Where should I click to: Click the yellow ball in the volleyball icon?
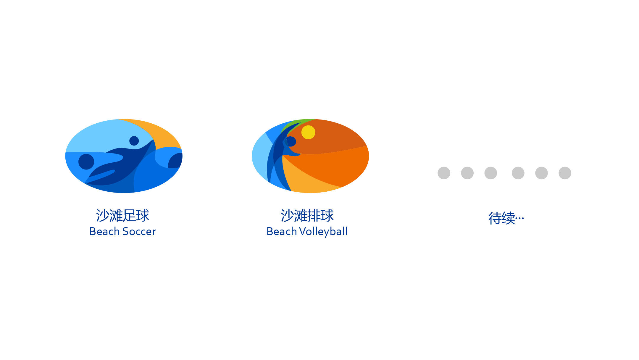click(308, 132)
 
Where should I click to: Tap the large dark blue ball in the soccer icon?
click(86, 162)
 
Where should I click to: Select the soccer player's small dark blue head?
click(134, 141)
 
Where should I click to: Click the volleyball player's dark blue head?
click(291, 141)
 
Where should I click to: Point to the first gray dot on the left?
click(444, 173)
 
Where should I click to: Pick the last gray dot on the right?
click(565, 173)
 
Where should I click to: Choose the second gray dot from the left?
click(467, 173)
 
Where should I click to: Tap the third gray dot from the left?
click(490, 173)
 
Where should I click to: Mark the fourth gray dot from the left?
click(518, 173)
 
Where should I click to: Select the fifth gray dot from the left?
click(541, 173)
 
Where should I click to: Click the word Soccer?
click(139, 232)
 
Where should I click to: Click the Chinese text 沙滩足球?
click(122, 215)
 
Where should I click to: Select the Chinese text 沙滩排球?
click(307, 215)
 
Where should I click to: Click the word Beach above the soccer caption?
click(104, 232)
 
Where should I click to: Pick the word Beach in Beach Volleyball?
click(282, 232)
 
